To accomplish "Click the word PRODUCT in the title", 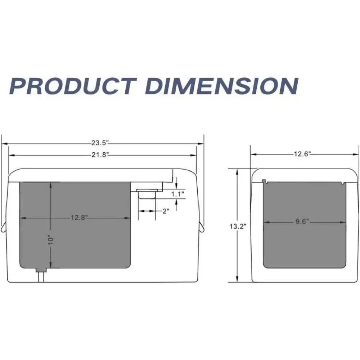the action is (73, 86).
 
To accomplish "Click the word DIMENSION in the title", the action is (222, 86).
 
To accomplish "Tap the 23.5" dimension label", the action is (100, 143).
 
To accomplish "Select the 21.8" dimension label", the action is (100, 155).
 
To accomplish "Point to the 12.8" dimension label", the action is (79, 217).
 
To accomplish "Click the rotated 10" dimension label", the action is (50, 240).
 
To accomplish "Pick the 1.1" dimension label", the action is (177, 194).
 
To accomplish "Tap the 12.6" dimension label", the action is (302, 154).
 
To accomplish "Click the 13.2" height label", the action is (238, 226).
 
